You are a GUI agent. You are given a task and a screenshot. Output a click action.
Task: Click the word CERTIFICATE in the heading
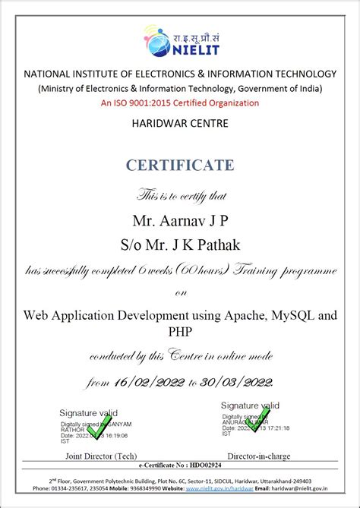point(180,166)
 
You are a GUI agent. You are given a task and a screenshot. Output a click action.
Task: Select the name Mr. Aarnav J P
point(180,220)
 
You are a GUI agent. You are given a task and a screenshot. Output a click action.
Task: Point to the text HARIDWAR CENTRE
point(180,122)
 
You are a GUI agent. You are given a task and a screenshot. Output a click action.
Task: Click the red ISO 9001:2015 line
point(180,103)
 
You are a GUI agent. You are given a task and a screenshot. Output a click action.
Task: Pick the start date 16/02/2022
point(146,382)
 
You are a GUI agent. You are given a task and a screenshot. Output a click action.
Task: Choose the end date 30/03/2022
point(235,382)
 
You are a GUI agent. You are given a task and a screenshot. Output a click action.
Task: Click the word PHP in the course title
point(180,332)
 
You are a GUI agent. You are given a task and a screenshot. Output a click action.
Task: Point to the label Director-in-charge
point(264,456)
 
